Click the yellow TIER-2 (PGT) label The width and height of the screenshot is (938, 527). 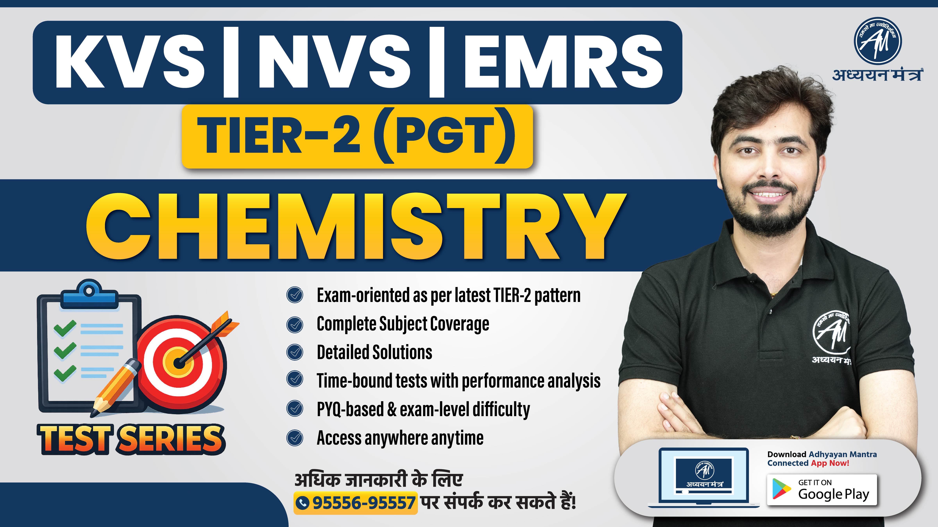(x=357, y=136)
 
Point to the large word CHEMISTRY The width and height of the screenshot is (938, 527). (x=355, y=227)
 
